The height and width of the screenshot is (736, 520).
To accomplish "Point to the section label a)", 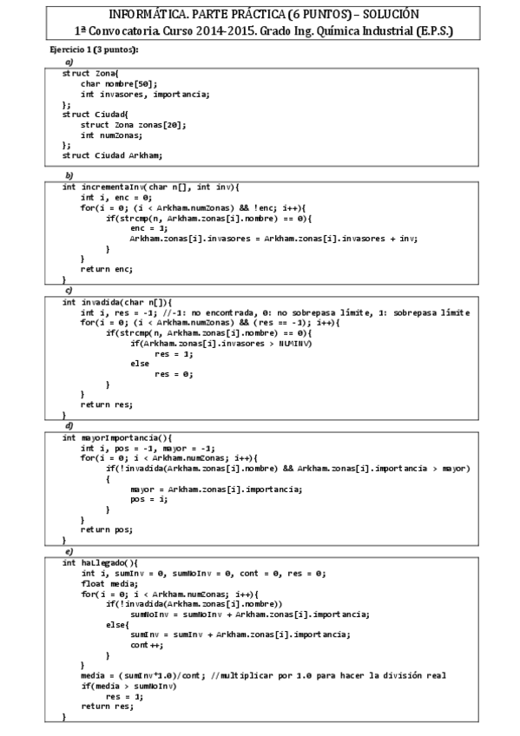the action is click(x=69, y=62).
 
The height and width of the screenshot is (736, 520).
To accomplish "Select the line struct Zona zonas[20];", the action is click(x=133, y=124).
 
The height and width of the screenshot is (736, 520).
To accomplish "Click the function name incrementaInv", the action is click(x=110, y=187).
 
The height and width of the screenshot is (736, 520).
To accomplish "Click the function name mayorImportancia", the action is click(x=120, y=437).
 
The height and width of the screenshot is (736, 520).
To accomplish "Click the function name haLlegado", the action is click(x=102, y=562).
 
